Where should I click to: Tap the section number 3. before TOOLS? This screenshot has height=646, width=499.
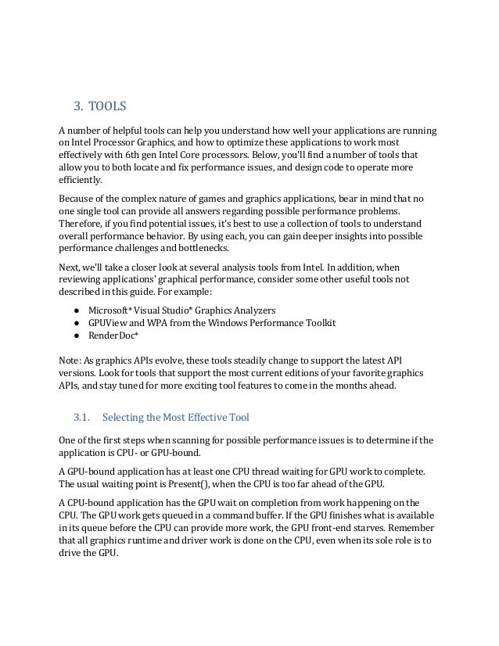pyautogui.click(x=77, y=105)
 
